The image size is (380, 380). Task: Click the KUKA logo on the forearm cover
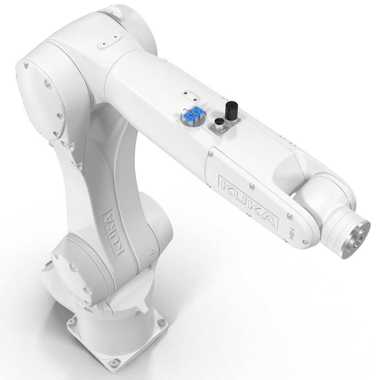(x=248, y=201)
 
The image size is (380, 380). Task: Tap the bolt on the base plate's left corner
(x=73, y=321)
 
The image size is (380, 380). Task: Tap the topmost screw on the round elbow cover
(x=26, y=64)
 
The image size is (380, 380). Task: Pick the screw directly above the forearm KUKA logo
(x=251, y=184)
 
